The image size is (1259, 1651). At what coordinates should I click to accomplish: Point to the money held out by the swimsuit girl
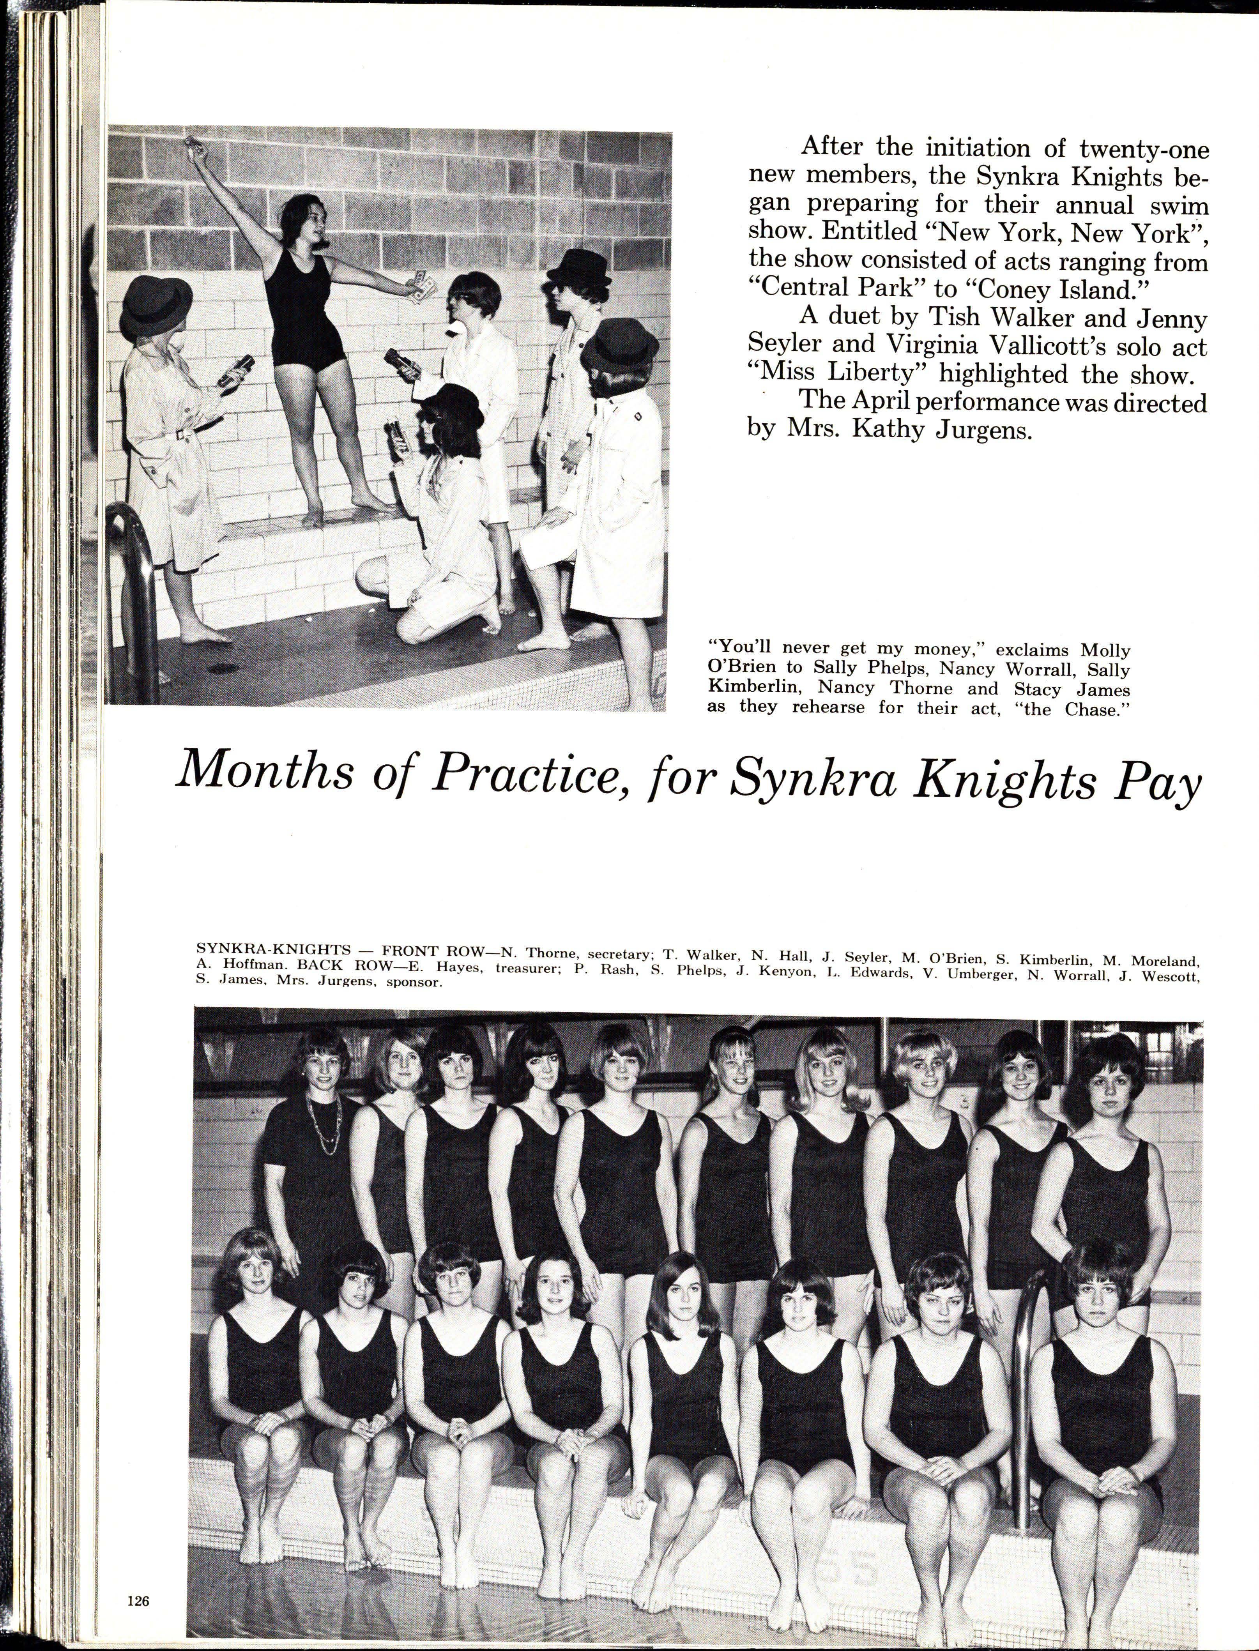pyautogui.click(x=421, y=288)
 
